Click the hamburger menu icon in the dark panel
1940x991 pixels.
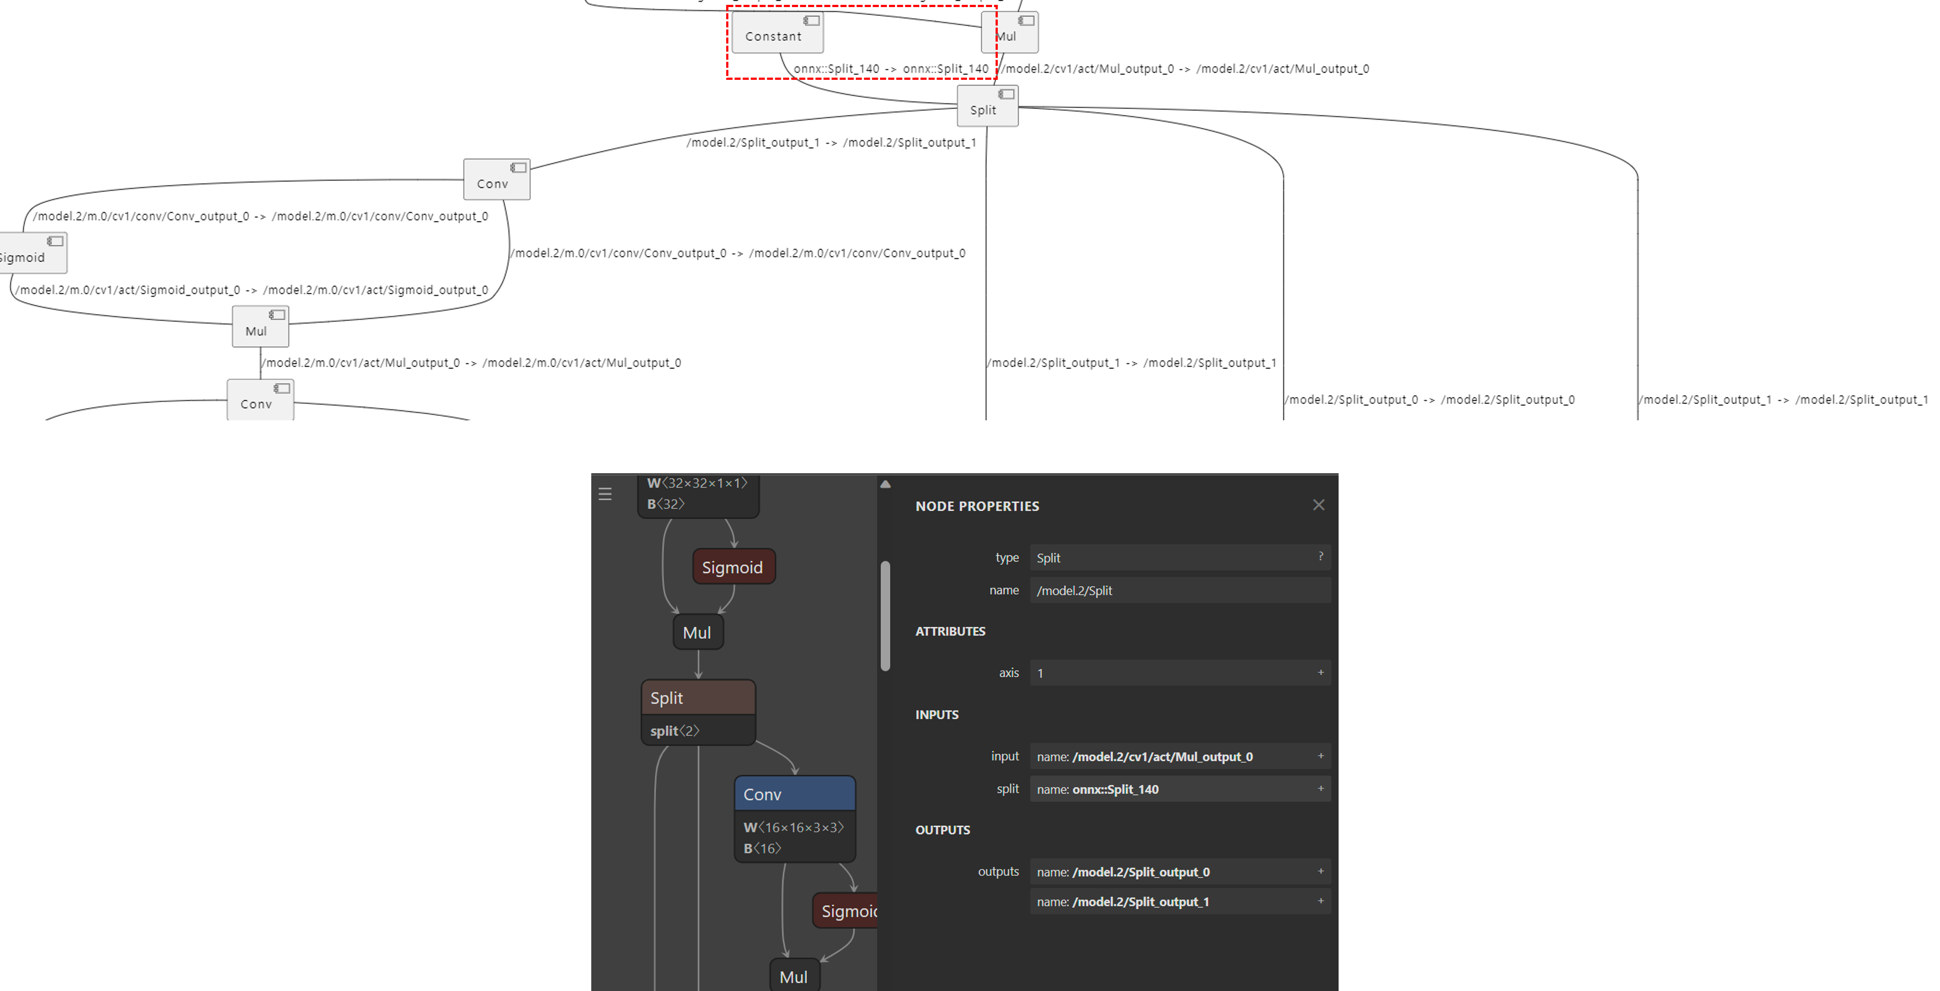tap(605, 494)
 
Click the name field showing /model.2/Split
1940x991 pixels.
tap(1179, 591)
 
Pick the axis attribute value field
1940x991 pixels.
tap(1179, 673)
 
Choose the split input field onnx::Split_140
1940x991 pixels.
tap(1179, 789)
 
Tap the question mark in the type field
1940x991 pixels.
tap(1320, 557)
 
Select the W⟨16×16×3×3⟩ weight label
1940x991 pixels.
tap(794, 827)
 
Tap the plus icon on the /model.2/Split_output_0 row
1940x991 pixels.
tap(1320, 871)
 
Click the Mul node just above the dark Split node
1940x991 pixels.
tap(698, 632)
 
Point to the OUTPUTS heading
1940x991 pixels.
tap(942, 830)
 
